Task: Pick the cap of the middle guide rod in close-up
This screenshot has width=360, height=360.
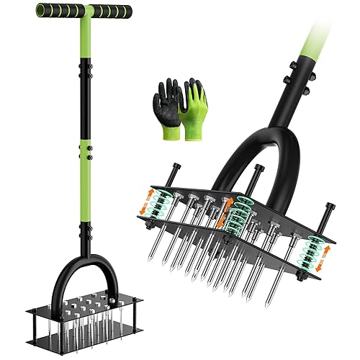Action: click(x=258, y=170)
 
